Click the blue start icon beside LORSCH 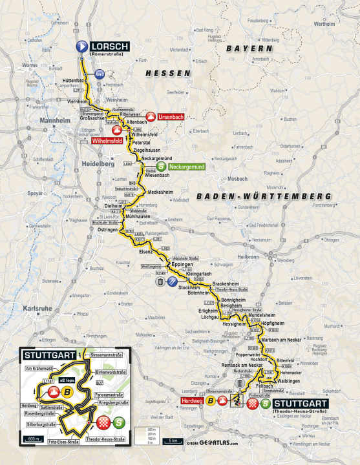82,46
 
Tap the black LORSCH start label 110,46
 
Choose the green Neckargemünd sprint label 191,167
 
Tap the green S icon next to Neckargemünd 160,167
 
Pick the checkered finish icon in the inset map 101,423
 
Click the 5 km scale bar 173,441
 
